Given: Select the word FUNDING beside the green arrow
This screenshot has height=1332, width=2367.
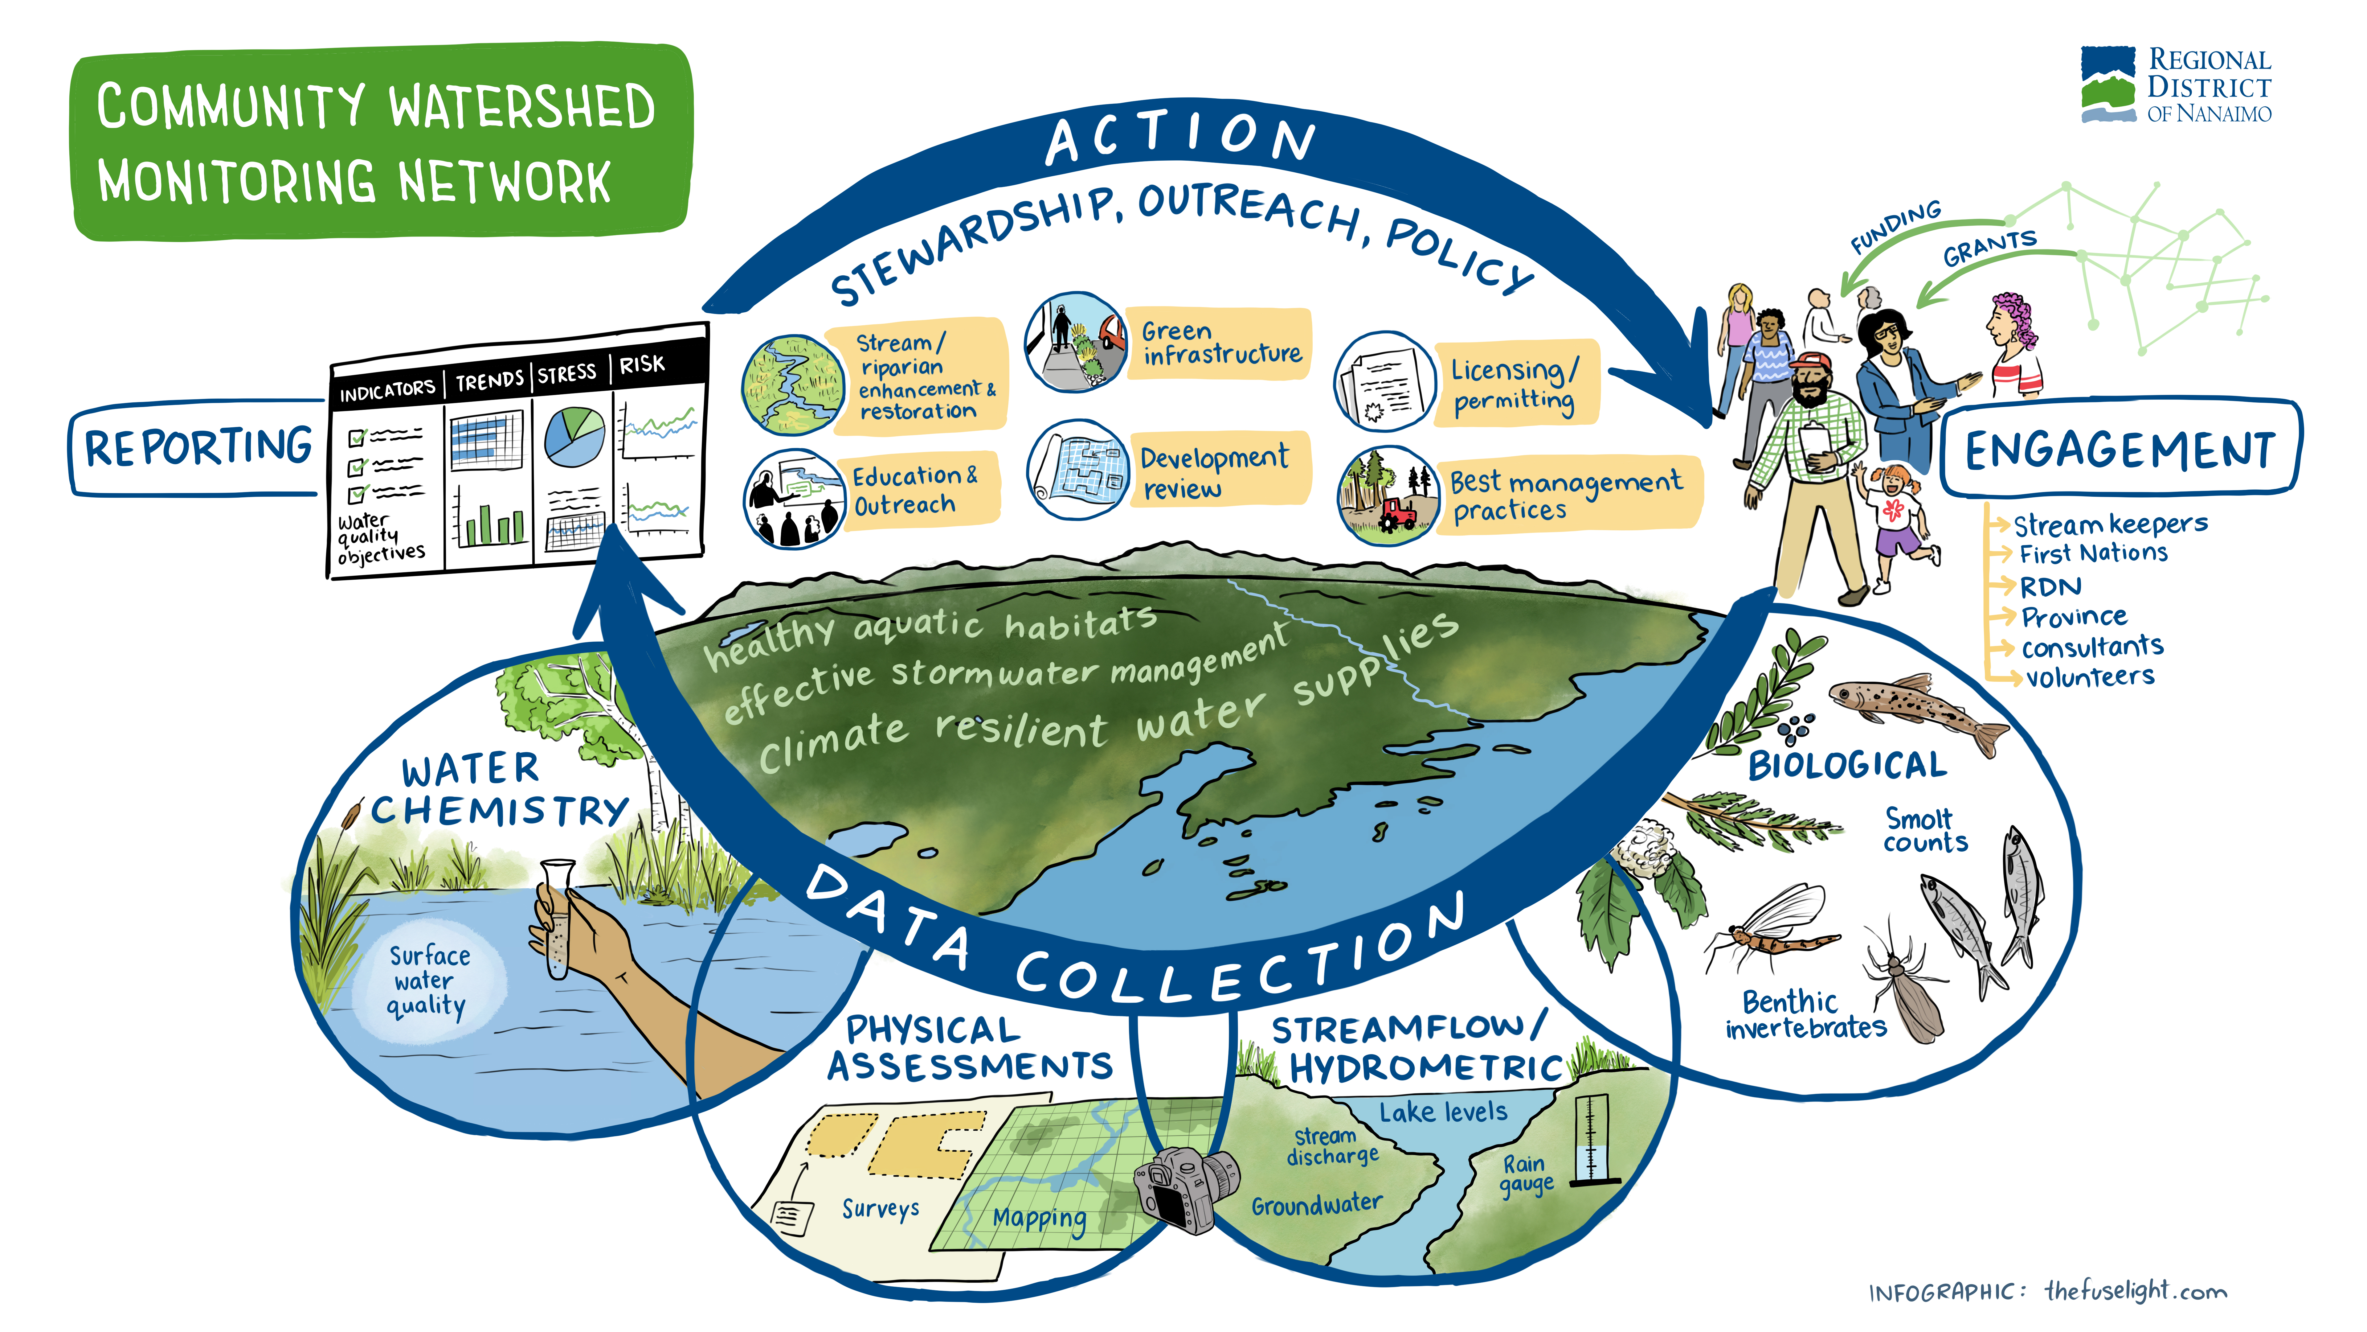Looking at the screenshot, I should [x=1895, y=226].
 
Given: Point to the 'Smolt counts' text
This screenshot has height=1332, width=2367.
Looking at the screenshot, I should [x=1925, y=830].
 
